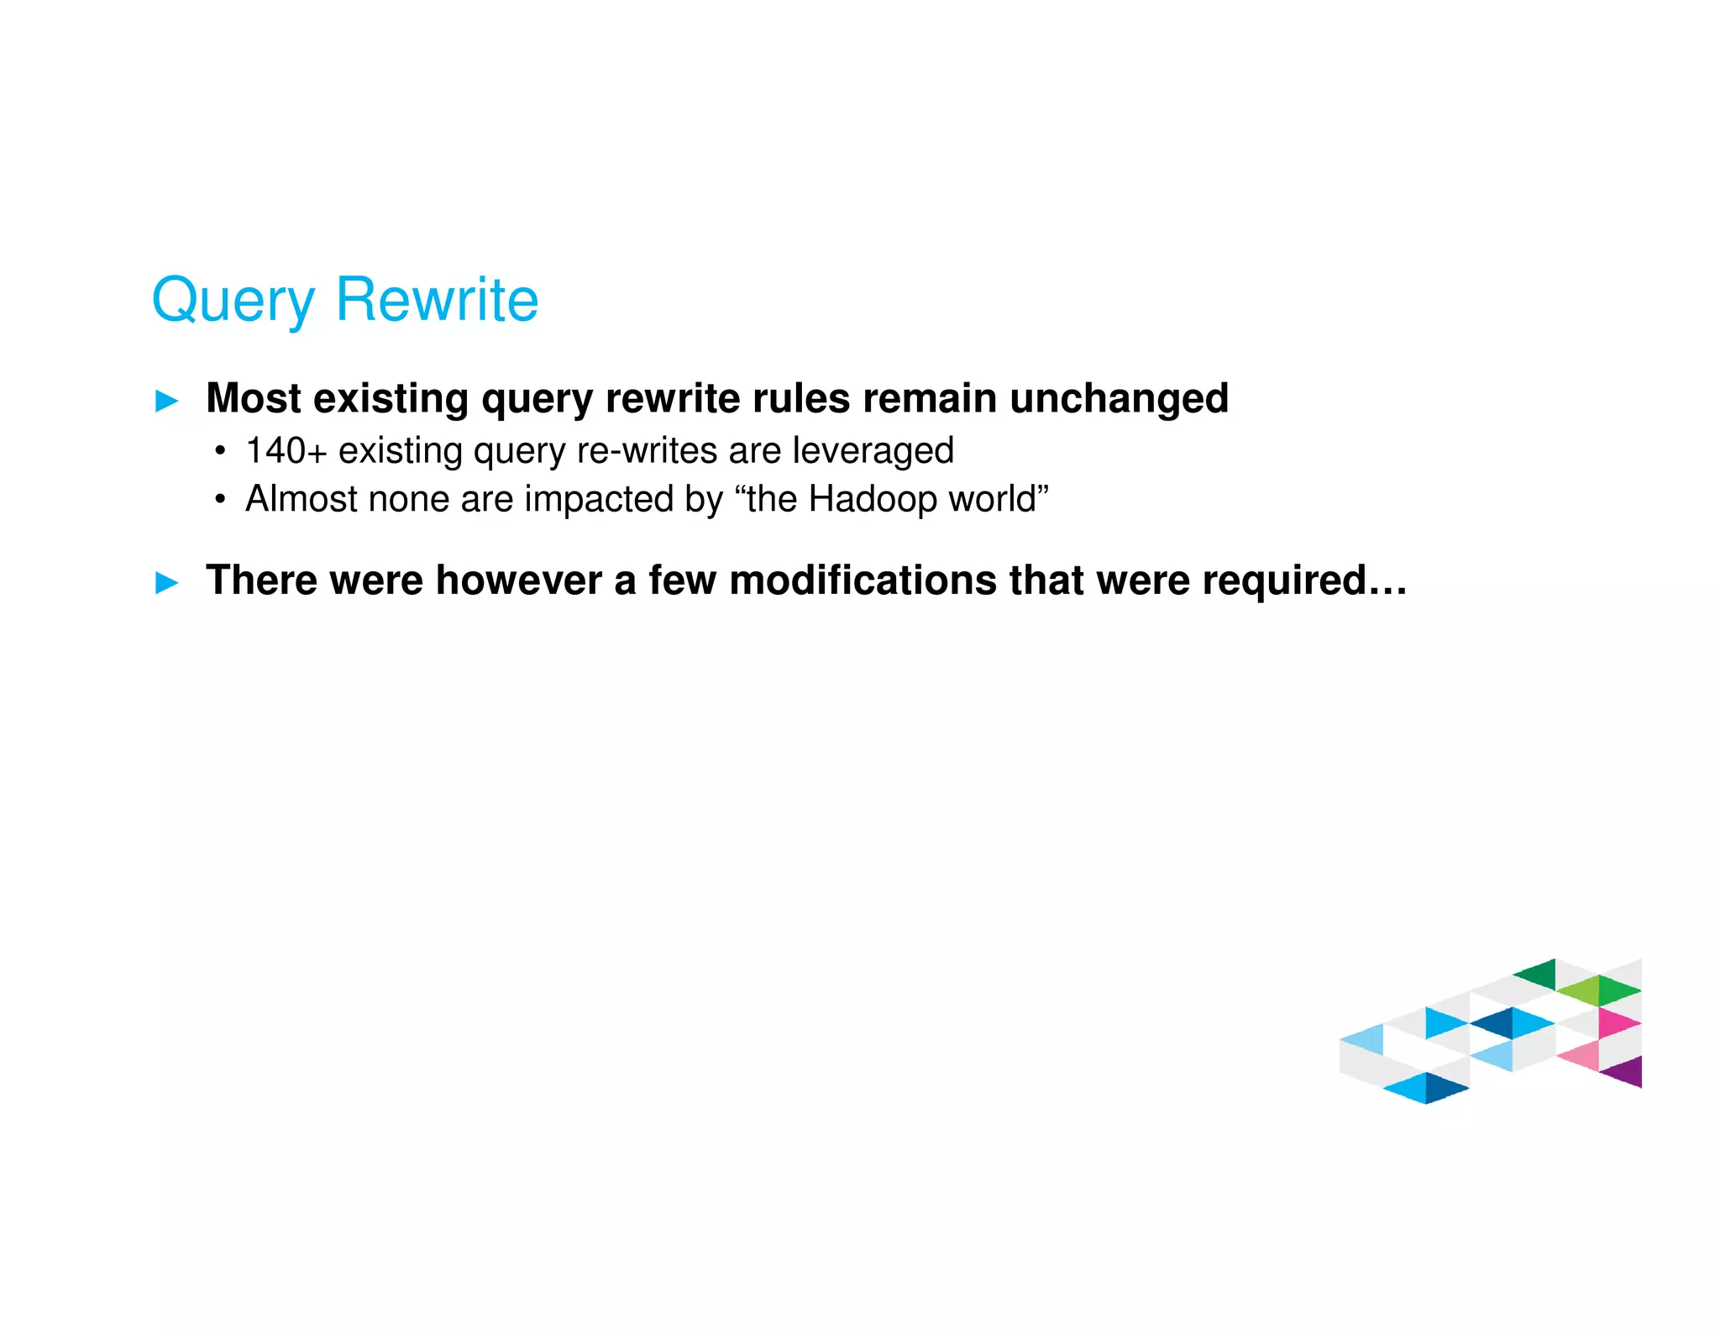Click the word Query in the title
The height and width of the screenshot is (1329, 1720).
click(x=233, y=301)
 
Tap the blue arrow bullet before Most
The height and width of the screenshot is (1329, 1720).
click(x=167, y=402)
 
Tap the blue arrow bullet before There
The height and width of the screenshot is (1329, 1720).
click(x=167, y=583)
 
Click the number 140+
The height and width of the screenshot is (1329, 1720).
click(x=286, y=451)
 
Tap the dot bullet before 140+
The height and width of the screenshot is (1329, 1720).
click(x=220, y=452)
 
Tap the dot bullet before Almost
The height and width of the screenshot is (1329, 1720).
click(x=220, y=501)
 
